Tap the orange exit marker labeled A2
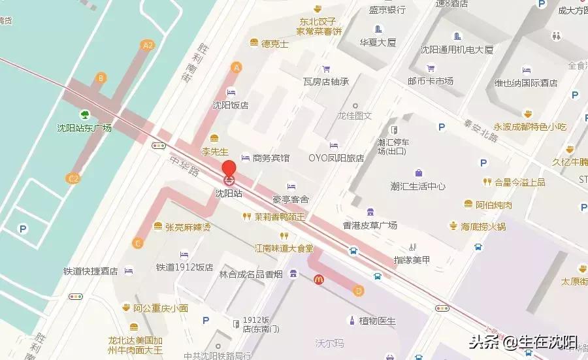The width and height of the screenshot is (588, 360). [148, 45]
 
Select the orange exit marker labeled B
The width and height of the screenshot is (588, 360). [100, 78]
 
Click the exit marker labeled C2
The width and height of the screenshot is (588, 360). [73, 177]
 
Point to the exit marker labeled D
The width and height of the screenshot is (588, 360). [357, 291]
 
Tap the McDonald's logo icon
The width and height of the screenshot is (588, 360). [319, 279]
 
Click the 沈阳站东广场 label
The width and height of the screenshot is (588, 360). [84, 128]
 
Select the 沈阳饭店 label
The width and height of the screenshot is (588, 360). [231, 105]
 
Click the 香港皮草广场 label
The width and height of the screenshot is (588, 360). [370, 225]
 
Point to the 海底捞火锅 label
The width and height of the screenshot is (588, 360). [483, 227]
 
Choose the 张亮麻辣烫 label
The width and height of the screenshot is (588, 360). [188, 227]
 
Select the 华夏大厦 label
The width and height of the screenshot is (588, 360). [378, 43]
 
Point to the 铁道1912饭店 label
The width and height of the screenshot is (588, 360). [184, 267]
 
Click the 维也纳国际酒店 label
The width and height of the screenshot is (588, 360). [526, 83]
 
